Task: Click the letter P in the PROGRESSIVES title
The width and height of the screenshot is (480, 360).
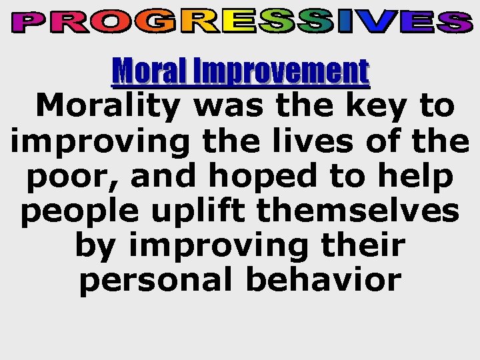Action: [x=29, y=23]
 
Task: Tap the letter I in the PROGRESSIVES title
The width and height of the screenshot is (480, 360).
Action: [x=347, y=23]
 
